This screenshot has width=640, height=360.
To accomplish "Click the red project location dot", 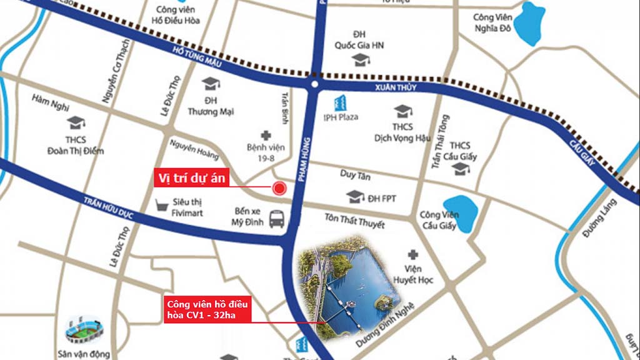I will click(279, 187).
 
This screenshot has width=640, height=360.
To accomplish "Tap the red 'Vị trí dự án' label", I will click(192, 178).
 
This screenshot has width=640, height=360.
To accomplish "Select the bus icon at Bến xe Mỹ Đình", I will click(277, 219).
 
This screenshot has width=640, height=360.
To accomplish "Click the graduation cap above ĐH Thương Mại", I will click(211, 84).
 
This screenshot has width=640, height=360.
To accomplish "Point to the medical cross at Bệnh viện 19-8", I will click(266, 135).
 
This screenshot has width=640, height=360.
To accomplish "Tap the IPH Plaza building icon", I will click(341, 102).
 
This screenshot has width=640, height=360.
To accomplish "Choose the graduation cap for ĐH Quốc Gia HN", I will click(360, 60).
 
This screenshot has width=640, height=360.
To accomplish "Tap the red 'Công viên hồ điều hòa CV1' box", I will click(207, 310).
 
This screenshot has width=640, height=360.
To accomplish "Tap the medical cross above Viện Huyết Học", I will click(412, 254).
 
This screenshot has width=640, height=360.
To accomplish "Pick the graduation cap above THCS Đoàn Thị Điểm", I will click(76, 122).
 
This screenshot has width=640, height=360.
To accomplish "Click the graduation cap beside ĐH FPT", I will click(355, 197).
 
